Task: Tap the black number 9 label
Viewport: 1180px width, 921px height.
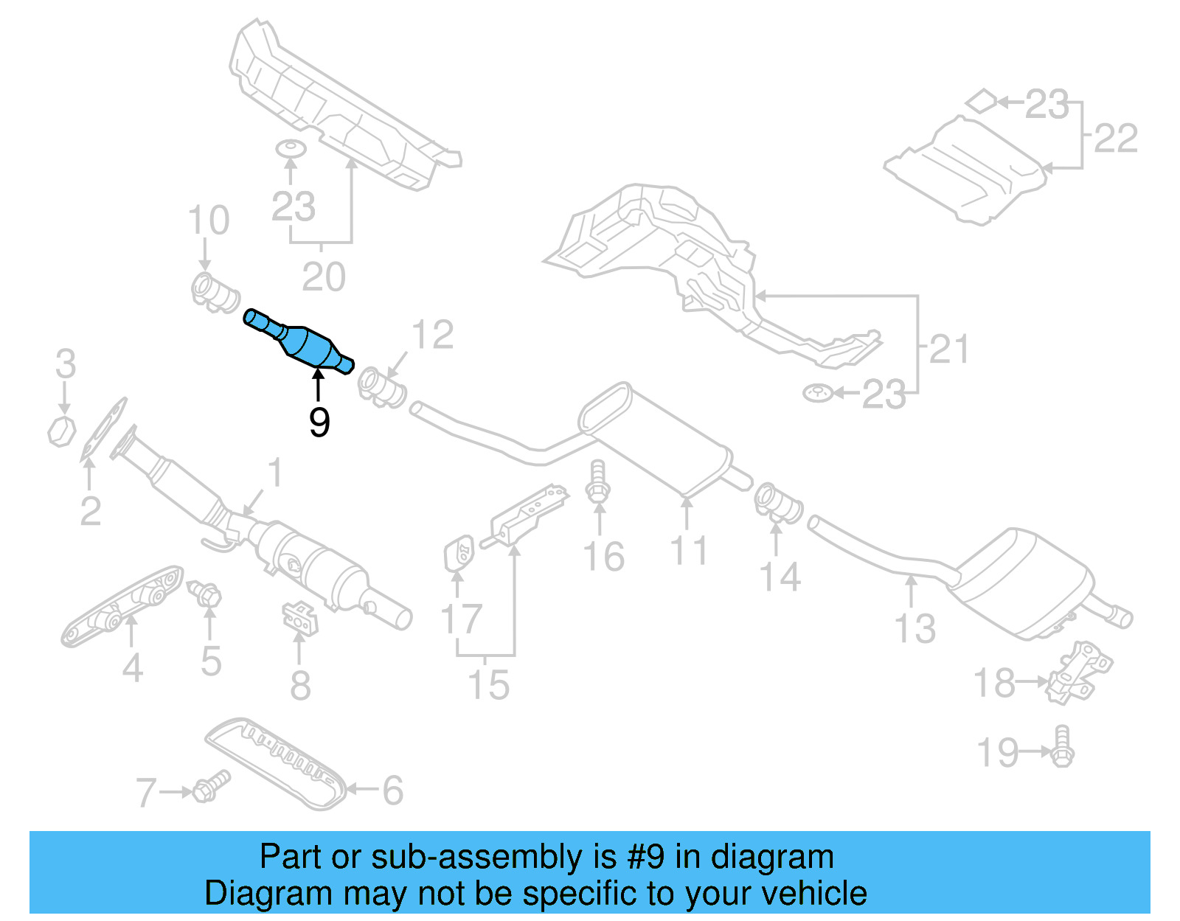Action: [319, 423]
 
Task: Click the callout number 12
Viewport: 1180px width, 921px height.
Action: [432, 336]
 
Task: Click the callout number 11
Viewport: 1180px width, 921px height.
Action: [689, 551]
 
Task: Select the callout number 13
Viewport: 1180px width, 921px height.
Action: [914, 628]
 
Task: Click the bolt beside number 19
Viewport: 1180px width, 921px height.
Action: [1062, 747]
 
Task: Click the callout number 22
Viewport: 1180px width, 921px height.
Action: [1115, 139]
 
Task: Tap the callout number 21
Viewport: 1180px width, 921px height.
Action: [949, 349]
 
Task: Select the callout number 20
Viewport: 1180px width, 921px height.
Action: [323, 277]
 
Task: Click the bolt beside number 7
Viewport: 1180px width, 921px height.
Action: [210, 787]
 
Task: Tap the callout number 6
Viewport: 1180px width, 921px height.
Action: [392, 790]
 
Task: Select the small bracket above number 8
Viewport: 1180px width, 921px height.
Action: [300, 617]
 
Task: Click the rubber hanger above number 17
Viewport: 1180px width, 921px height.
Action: [458, 552]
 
